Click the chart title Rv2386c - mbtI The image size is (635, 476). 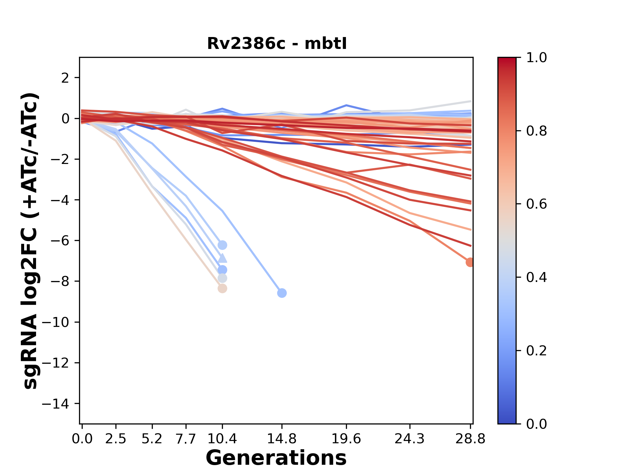277,44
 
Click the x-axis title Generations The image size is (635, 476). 276,458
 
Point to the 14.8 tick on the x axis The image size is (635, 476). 281,439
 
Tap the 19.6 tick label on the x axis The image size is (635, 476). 346,439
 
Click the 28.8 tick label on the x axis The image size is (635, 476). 470,439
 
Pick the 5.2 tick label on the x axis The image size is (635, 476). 152,439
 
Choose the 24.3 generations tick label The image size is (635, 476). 410,439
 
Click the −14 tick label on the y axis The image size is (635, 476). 55,404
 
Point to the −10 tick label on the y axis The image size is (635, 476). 55,322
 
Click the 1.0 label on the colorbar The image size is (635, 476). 536,58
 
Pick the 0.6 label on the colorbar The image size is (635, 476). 536,204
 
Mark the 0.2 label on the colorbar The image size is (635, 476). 536,351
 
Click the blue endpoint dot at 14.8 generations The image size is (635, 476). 282,293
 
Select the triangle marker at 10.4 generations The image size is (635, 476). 222,258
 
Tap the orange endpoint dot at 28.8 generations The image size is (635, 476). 470,262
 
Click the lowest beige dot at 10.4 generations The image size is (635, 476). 222,289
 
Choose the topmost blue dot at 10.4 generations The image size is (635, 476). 222,245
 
